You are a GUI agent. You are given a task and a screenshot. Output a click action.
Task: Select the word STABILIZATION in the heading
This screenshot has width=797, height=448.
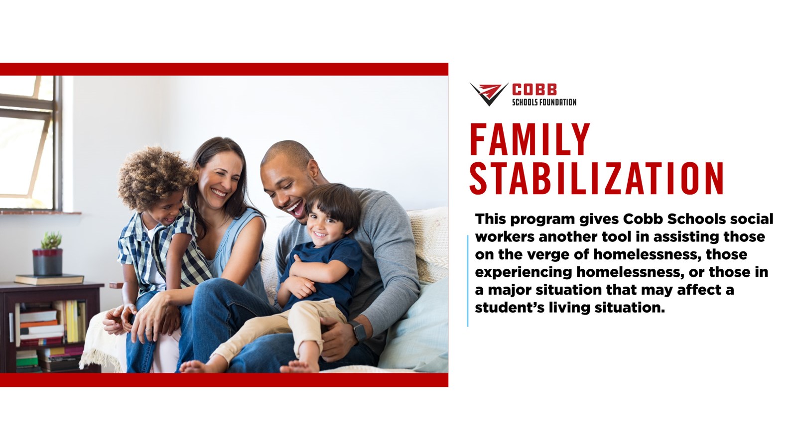tap(597, 178)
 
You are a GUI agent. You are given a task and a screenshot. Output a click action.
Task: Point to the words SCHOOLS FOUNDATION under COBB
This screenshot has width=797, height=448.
tap(544, 103)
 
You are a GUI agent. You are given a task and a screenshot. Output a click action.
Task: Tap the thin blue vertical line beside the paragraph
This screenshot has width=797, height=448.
tap(468, 281)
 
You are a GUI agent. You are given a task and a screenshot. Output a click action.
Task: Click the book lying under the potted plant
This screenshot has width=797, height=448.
tap(49, 279)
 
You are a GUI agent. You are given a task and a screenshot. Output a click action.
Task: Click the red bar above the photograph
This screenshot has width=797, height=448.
tap(224, 69)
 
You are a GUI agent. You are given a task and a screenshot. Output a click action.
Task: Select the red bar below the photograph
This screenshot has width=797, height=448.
tap(224, 380)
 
